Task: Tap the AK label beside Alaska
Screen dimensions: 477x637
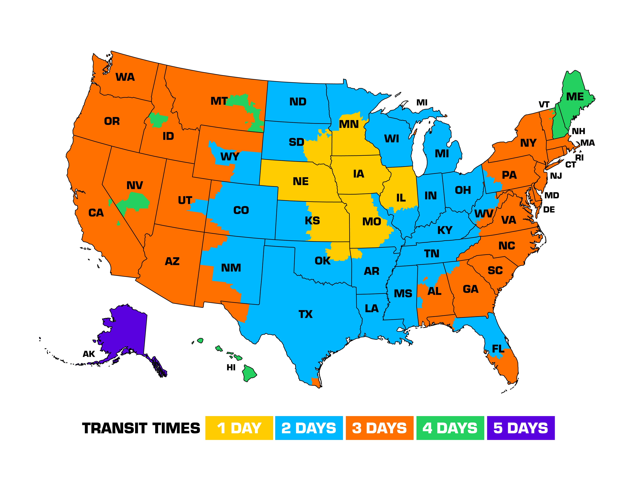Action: pos(89,354)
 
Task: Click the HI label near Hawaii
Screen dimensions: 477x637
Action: pos(231,367)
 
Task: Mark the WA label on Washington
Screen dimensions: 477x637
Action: pos(125,77)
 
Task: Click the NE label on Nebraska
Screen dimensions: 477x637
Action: pos(301,181)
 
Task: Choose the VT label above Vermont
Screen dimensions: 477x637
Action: pos(544,105)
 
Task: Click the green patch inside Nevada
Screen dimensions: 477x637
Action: pos(135,200)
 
